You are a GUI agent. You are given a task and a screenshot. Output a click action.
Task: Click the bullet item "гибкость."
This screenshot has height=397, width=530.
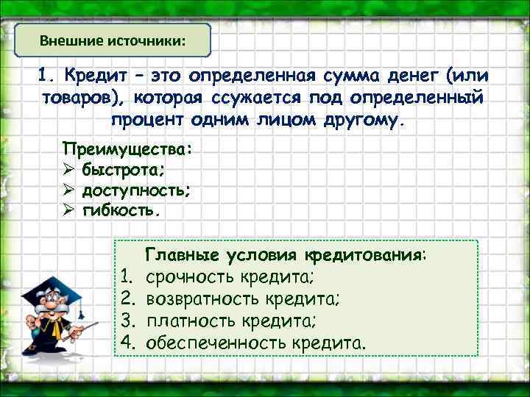point(119,211)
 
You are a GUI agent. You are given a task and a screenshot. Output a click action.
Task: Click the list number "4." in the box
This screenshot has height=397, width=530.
point(130,342)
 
